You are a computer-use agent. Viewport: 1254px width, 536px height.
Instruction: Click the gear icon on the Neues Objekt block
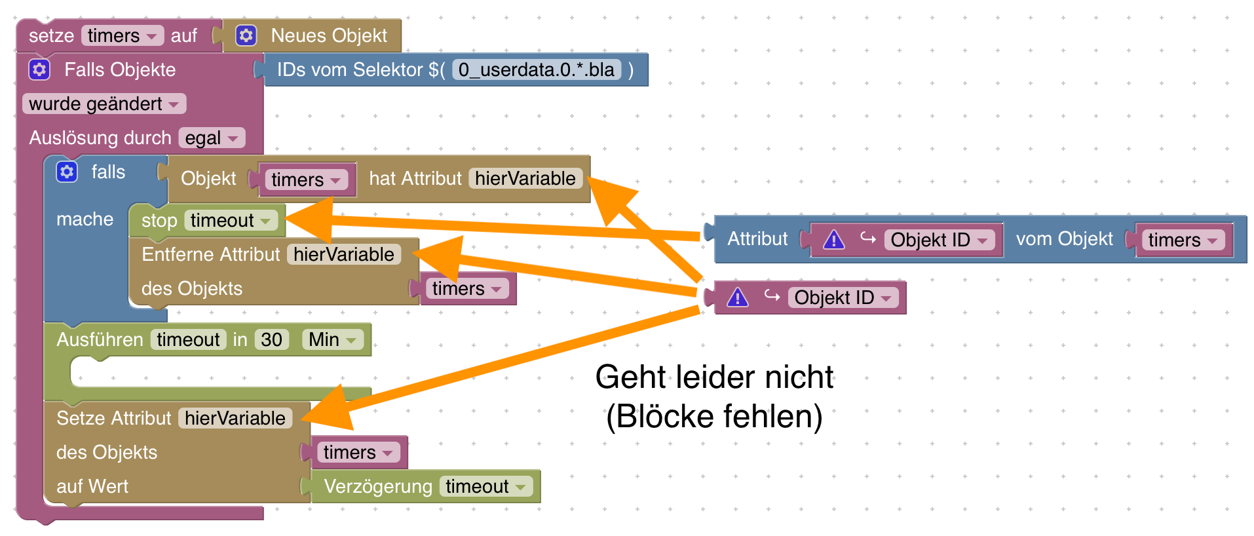246,35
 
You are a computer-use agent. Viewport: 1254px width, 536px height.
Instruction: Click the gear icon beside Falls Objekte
39,69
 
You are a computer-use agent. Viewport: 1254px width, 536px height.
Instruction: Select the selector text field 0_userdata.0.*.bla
536,69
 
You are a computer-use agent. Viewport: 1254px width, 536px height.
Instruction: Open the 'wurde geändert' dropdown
104,104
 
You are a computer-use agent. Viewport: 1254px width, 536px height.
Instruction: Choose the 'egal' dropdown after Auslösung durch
212,138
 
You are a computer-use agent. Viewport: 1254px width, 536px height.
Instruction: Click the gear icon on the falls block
67,172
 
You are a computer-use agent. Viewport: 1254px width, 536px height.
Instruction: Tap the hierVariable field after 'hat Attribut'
525,178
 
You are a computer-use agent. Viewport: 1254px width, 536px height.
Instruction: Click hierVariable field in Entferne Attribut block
343,254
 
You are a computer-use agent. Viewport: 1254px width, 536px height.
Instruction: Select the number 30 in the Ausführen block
271,339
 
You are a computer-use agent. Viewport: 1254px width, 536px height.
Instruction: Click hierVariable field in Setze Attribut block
235,418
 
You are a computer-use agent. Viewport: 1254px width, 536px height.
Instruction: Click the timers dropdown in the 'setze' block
123,35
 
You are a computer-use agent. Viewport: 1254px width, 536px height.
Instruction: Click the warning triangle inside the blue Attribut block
833,240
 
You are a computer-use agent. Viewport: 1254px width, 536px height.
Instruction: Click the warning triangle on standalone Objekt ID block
738,297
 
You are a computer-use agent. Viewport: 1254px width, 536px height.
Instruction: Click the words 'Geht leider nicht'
714,377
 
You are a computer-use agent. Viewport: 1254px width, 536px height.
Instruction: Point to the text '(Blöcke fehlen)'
714,417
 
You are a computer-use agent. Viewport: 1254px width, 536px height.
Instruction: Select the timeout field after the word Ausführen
188,339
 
